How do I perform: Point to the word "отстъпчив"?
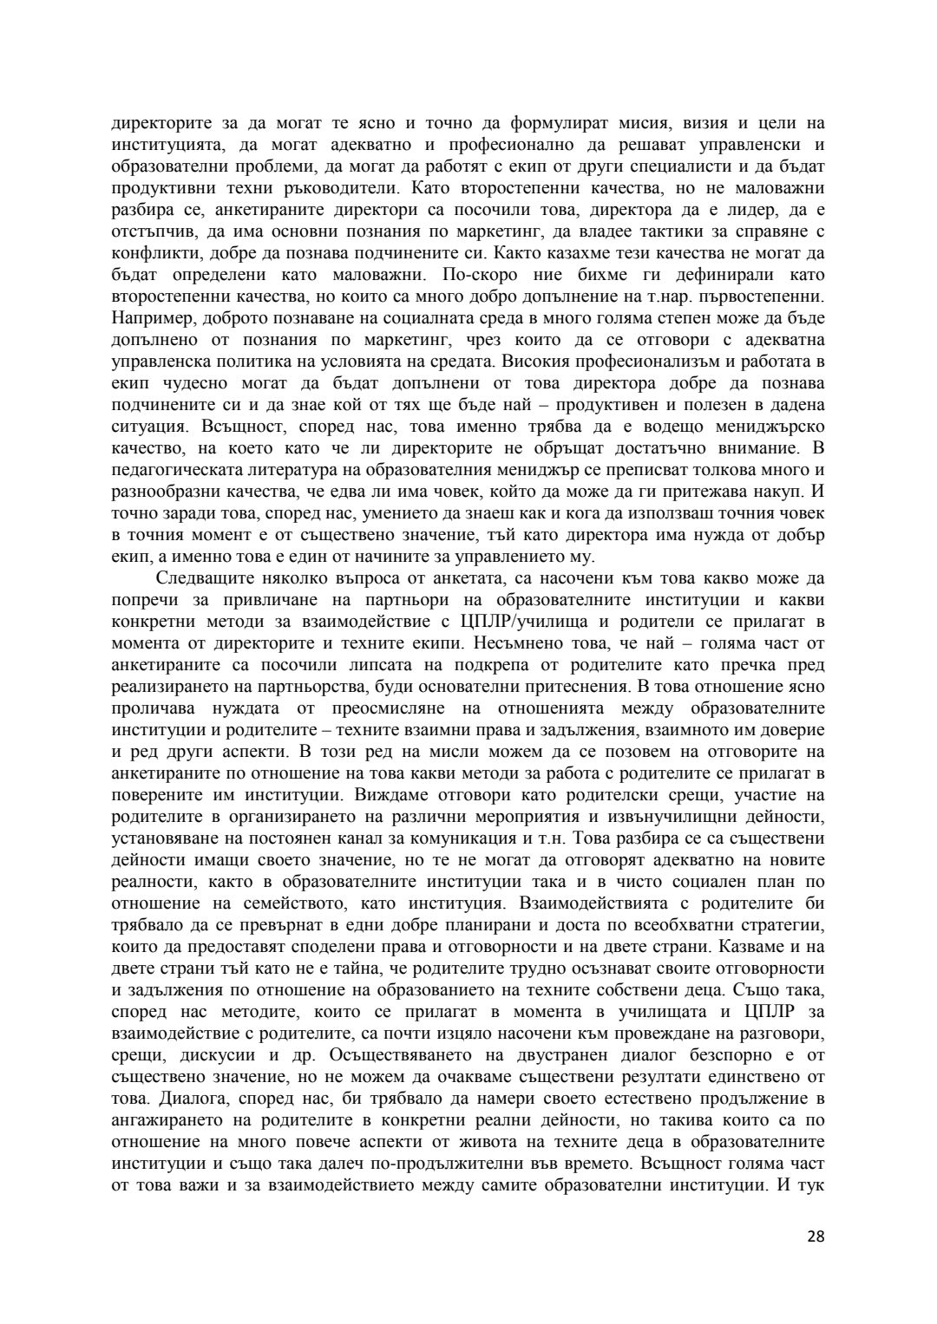[x=147, y=232]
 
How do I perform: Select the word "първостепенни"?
[x=770, y=297]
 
